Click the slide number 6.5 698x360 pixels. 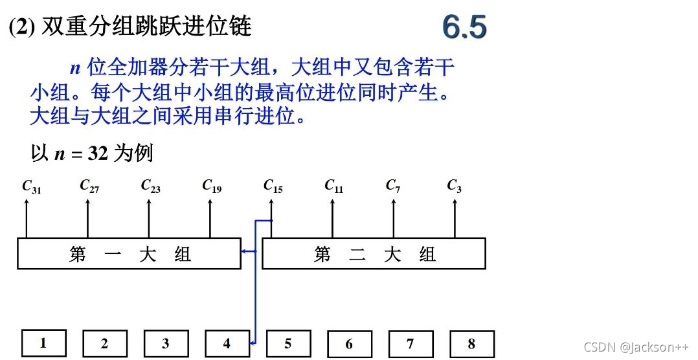(x=464, y=27)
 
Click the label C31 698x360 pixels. (x=31, y=186)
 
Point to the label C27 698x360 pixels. (x=89, y=186)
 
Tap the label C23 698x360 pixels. (x=150, y=186)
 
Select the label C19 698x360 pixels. (x=212, y=186)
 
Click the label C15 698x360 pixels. (x=273, y=186)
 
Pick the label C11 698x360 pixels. (x=333, y=186)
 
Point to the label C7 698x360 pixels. (x=393, y=186)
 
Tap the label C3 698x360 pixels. (x=454, y=186)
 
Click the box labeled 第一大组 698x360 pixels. (x=129, y=253)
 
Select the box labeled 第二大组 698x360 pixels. (x=374, y=253)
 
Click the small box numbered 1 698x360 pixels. (x=43, y=343)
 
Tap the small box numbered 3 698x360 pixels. (x=166, y=344)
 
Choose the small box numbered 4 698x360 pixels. (x=227, y=344)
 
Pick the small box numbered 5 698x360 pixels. (x=288, y=344)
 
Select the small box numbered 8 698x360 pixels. (x=471, y=344)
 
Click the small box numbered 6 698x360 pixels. (x=349, y=344)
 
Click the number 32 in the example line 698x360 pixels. (x=96, y=154)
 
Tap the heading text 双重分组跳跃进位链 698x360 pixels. (x=146, y=27)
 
